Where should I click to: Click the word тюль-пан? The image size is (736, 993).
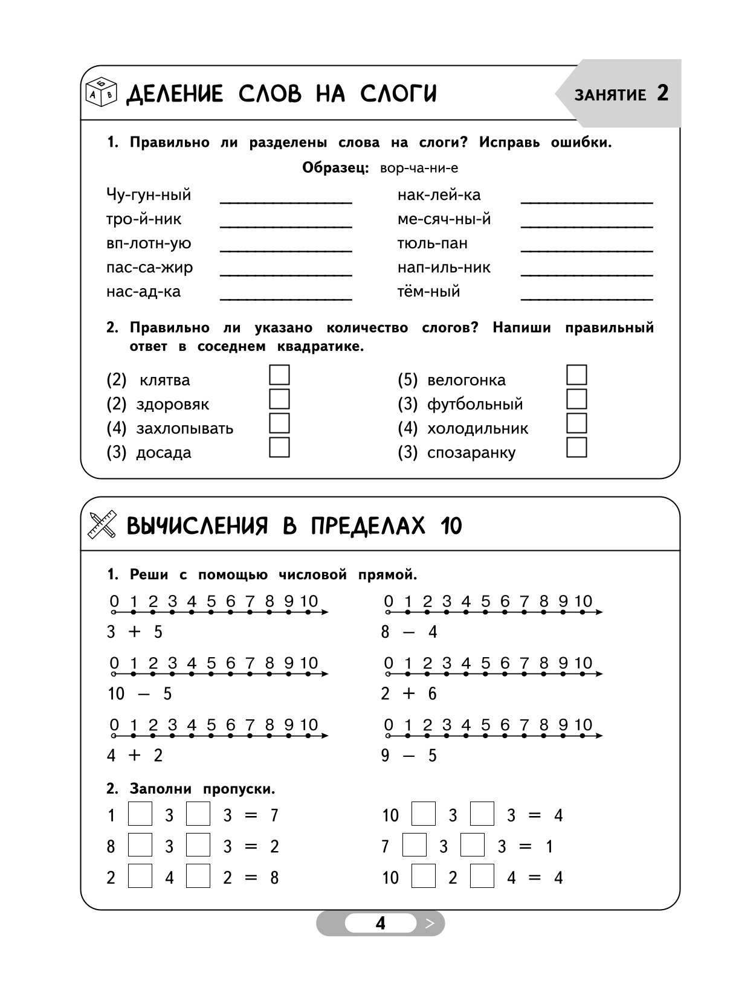click(432, 243)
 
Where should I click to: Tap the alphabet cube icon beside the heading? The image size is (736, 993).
click(101, 92)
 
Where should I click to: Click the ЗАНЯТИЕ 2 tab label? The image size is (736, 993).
click(621, 94)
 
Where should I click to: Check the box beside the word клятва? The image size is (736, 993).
click(279, 375)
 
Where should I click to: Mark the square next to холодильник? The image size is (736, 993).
click(576, 423)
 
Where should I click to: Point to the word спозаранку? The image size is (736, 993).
click(471, 453)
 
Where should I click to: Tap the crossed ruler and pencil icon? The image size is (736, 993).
click(102, 524)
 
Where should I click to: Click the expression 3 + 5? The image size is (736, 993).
click(135, 632)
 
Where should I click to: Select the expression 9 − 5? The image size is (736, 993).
click(408, 756)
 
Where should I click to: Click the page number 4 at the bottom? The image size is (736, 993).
click(380, 924)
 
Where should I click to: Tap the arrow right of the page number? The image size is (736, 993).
click(430, 924)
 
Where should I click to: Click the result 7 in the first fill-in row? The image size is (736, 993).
click(274, 816)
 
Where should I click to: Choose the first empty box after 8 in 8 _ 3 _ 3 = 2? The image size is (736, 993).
click(140, 845)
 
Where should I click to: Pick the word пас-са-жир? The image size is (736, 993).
click(149, 268)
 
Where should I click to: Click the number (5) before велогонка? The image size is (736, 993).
click(407, 380)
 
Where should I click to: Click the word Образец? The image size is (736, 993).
click(335, 169)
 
